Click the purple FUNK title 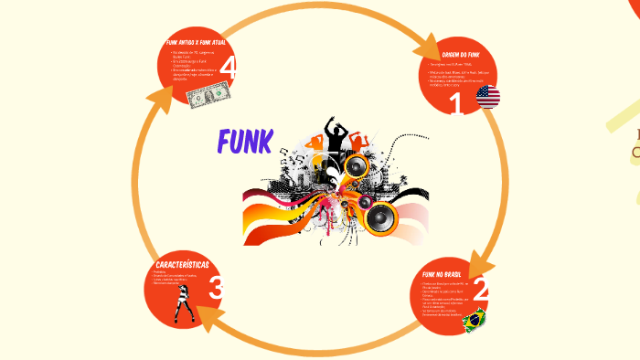point(245,142)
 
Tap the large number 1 point(455,104)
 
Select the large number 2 point(480,291)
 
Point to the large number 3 point(216,289)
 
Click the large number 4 point(228,68)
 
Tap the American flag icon point(488,97)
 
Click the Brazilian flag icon point(474,319)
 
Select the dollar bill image point(207,94)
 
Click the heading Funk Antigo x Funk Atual point(196,43)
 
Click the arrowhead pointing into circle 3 point(207,317)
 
